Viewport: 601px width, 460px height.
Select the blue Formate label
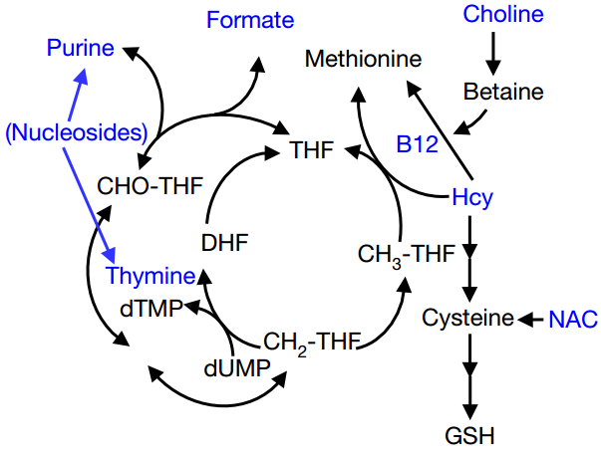click(x=250, y=19)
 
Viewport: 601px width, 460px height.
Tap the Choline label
click(x=503, y=15)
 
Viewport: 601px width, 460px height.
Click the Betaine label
click(x=503, y=93)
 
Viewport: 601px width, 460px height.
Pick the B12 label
click(x=417, y=145)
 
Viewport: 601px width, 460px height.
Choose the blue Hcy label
click(x=471, y=197)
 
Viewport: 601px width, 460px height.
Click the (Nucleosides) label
click(x=77, y=131)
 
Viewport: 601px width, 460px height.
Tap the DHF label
click(x=223, y=242)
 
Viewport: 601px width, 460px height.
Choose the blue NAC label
click(x=573, y=320)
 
